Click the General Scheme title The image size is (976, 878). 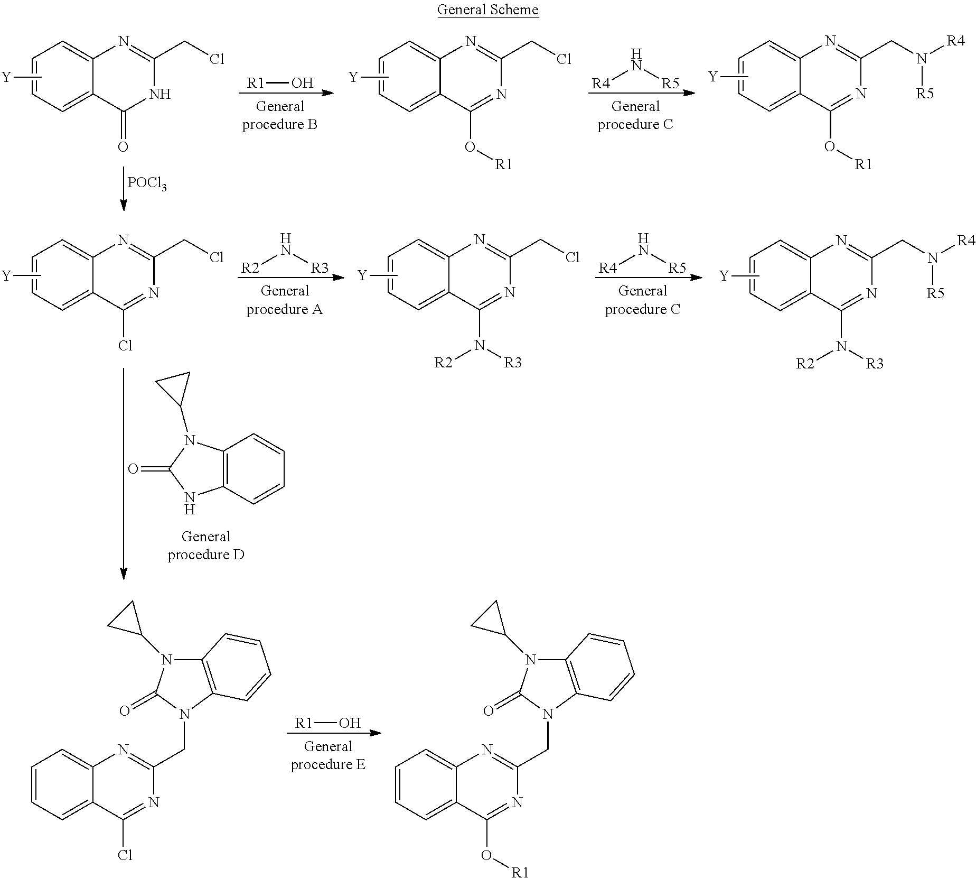point(487,10)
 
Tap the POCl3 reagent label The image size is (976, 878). point(146,183)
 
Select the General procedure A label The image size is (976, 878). point(285,300)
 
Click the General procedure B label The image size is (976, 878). point(280,115)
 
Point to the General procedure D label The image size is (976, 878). point(206,546)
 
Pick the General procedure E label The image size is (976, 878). point(328,755)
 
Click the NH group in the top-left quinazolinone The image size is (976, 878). point(159,94)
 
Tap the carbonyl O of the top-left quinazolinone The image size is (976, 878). point(123,146)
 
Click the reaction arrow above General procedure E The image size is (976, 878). point(334,733)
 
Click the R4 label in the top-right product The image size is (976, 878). point(956,41)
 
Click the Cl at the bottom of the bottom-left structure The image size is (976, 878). point(125,855)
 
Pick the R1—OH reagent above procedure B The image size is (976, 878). point(280,83)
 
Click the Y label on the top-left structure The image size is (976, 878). point(6,78)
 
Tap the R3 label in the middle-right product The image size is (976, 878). point(875,364)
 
